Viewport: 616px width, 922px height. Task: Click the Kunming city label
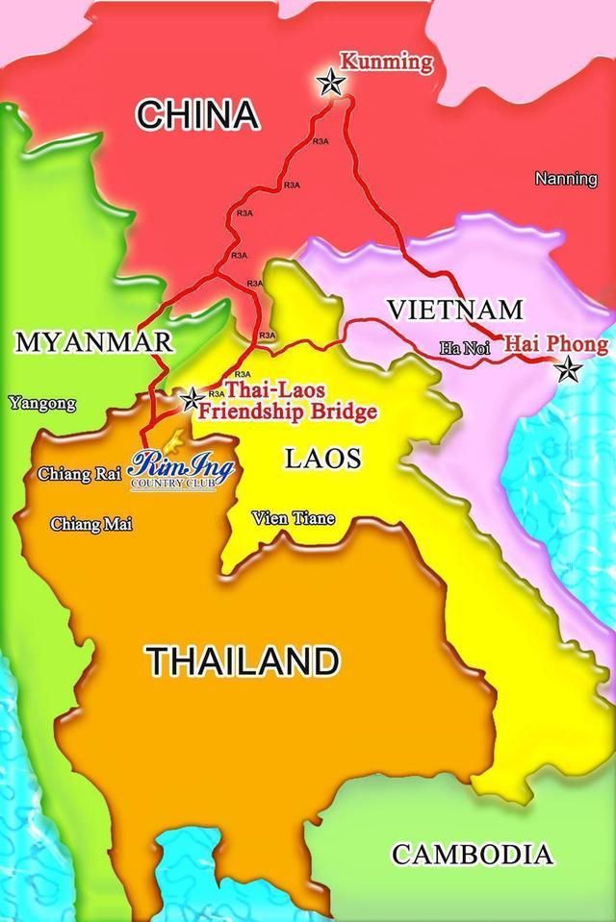click(387, 63)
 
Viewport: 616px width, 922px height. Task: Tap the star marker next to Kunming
click(331, 83)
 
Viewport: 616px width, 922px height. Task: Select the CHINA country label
click(197, 114)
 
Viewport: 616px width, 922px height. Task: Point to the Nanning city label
click(566, 179)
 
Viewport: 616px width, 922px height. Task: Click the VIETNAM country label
click(454, 310)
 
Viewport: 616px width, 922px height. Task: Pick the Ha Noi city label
click(465, 348)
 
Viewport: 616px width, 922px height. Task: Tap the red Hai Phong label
click(556, 344)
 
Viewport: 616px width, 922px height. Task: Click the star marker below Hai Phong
click(568, 368)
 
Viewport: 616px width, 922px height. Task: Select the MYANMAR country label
click(94, 341)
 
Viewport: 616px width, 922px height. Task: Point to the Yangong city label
click(43, 403)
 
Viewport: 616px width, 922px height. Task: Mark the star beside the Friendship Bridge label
click(192, 398)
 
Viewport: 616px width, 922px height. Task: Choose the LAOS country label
click(322, 458)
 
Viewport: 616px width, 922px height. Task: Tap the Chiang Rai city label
click(79, 474)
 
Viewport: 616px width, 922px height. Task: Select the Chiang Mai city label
click(91, 523)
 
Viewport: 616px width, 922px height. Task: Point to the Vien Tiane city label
click(294, 518)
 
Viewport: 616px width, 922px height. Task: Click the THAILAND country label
click(243, 660)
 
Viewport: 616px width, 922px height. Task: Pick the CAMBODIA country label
click(473, 853)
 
